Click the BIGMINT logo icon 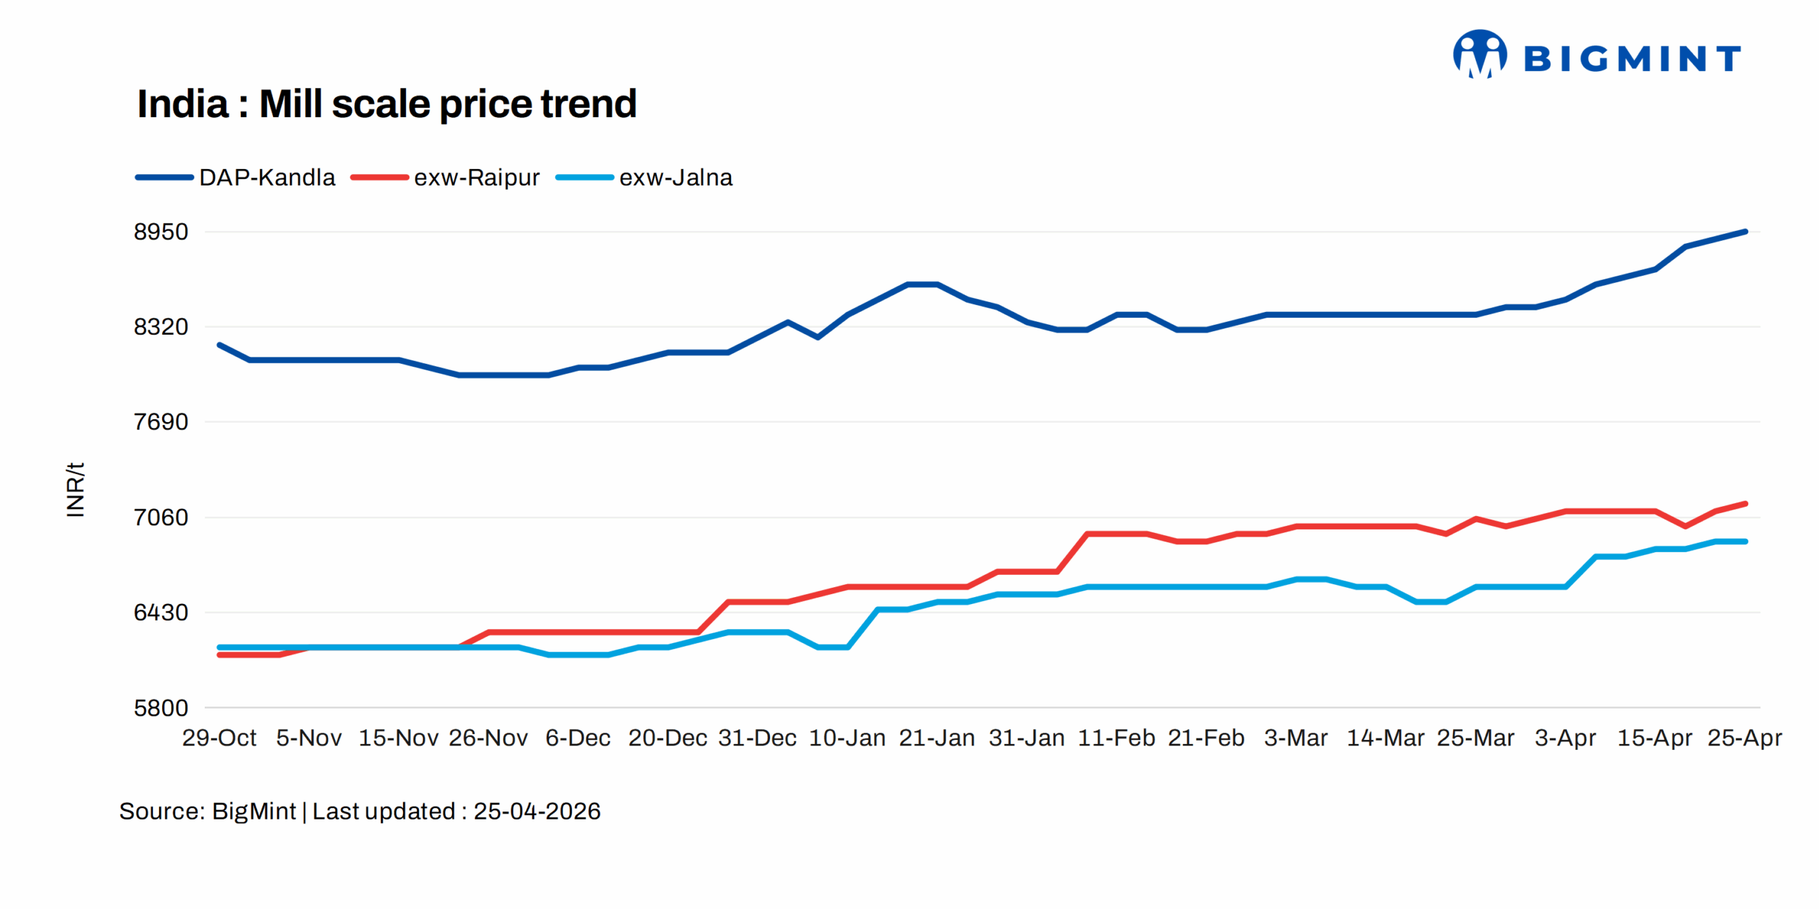(1479, 54)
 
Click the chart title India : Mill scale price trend (387, 104)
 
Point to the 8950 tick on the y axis (161, 232)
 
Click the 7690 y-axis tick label (161, 422)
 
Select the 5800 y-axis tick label (161, 708)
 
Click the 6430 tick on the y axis (161, 613)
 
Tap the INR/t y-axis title (75, 490)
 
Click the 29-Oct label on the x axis (219, 738)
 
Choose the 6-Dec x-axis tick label (578, 738)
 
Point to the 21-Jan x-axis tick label (937, 738)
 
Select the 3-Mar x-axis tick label (1296, 738)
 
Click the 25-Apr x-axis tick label (1745, 738)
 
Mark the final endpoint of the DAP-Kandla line (1745, 232)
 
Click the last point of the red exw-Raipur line (1745, 504)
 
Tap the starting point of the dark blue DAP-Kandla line (220, 345)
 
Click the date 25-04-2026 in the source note (537, 812)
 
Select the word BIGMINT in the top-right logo (1632, 58)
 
